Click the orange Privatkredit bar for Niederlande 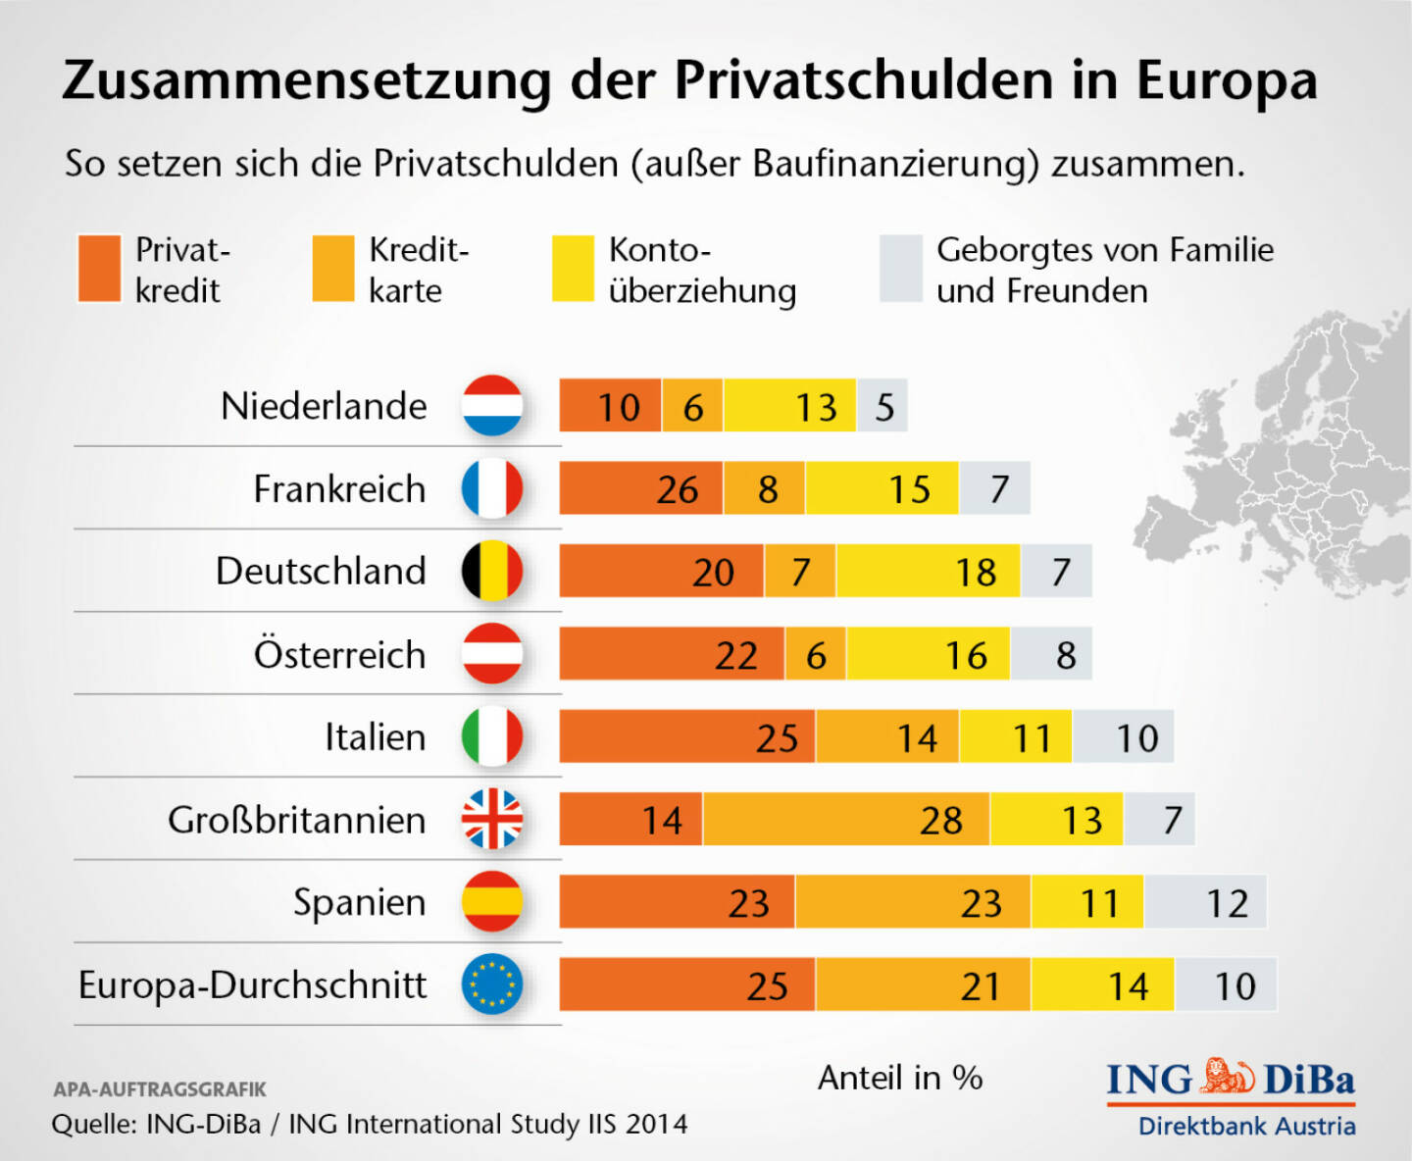point(610,406)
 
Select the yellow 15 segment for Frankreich point(882,488)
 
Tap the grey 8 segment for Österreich point(1050,654)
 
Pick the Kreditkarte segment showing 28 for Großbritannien point(846,820)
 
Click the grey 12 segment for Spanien point(1205,902)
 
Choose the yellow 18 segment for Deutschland point(928,572)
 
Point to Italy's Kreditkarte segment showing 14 point(887,737)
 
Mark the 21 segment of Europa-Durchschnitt point(923,985)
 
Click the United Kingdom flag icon point(492,819)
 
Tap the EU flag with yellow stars point(492,984)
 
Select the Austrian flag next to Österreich point(492,654)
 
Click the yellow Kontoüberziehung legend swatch point(573,269)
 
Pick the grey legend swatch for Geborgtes point(901,269)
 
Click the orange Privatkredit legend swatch point(99,269)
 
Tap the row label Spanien point(359,902)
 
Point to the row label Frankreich point(339,488)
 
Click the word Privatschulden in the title point(864,80)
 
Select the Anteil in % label point(900,1078)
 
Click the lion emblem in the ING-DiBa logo point(1228,1077)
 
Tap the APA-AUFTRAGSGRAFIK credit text point(160,1089)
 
